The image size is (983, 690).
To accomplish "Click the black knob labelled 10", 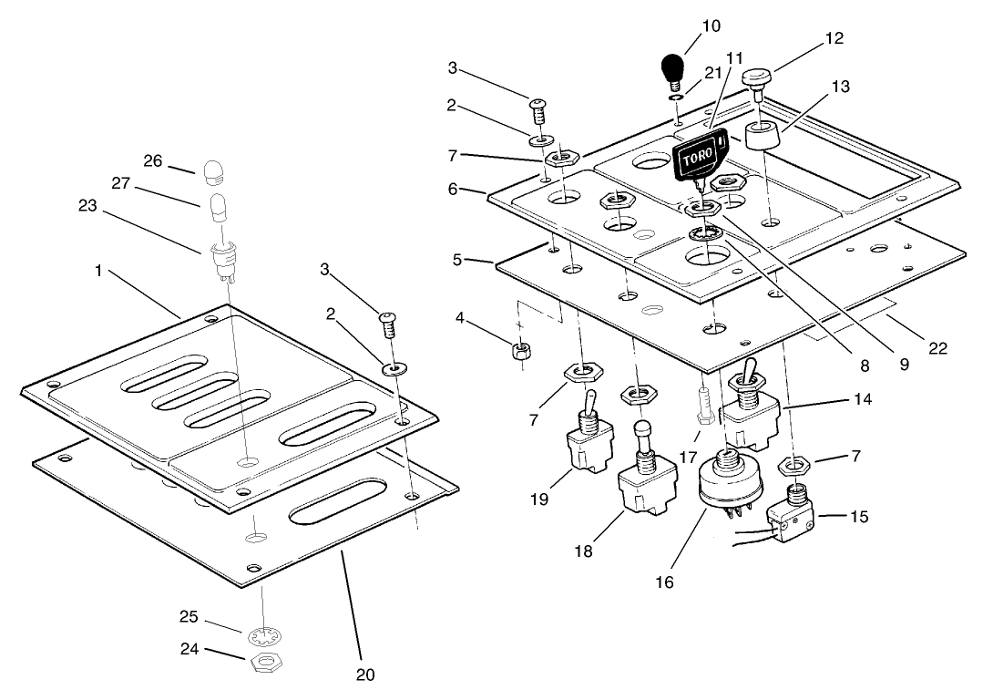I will pos(672,69).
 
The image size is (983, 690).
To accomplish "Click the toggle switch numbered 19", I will pos(587,446).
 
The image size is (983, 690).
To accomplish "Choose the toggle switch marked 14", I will pos(751,411).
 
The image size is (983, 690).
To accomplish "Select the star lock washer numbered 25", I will pos(261,632).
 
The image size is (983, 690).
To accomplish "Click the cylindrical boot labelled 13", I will pos(764,139).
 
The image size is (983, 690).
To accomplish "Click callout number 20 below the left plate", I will pos(364,675).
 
